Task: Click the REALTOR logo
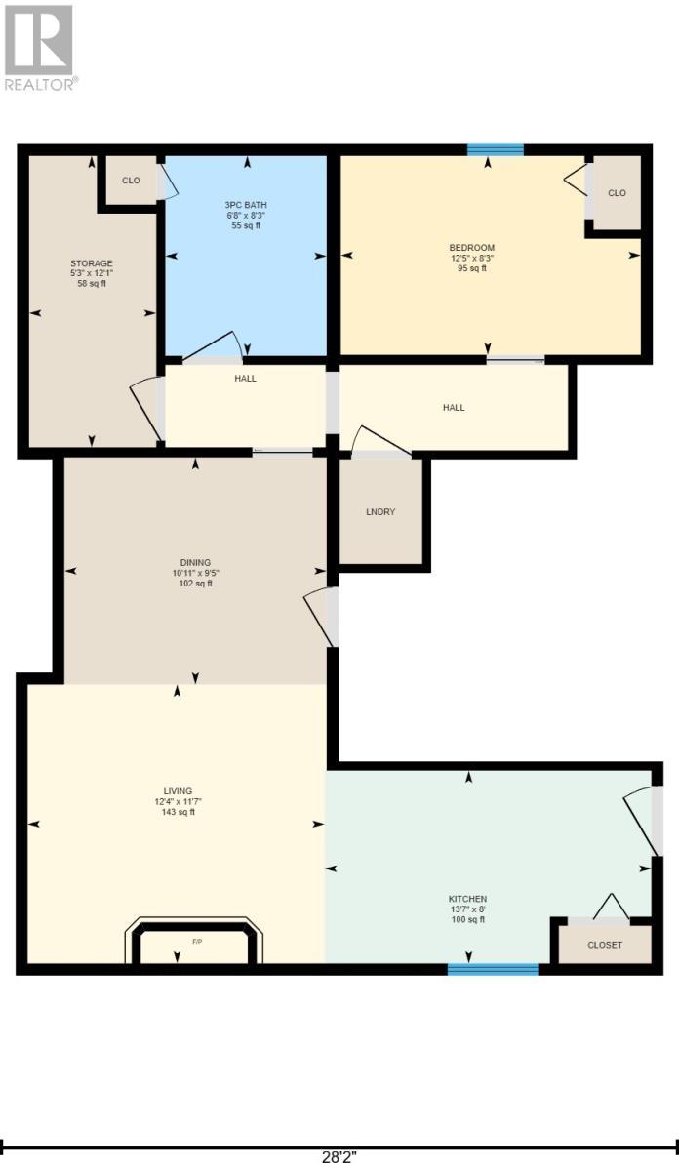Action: point(39,48)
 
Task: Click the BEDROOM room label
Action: point(472,247)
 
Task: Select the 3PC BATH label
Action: point(246,205)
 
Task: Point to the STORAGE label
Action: point(92,263)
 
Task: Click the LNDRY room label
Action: point(380,511)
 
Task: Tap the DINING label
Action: point(195,562)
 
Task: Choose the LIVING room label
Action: point(178,791)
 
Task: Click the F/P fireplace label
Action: point(197,942)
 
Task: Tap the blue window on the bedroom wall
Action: point(496,149)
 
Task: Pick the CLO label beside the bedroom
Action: point(617,193)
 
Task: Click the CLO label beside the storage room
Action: point(131,181)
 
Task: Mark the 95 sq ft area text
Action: point(472,268)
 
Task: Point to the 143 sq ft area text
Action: point(179,812)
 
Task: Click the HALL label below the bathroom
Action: point(245,378)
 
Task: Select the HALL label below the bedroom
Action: point(454,407)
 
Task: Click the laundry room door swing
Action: point(380,442)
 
